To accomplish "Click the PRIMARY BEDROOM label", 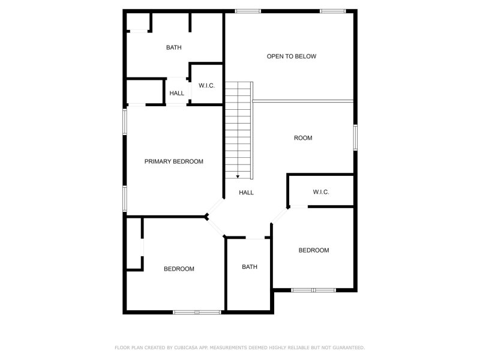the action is pos(173,161).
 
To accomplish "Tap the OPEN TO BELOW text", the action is pos(292,56).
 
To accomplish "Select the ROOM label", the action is pos(303,138).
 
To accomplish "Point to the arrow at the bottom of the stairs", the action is pos(238,176).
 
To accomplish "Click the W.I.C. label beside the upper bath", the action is pos(206,86).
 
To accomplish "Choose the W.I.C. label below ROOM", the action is pos(321,192).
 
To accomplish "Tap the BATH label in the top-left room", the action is pos(174,47).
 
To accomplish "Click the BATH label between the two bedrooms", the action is pos(250,267).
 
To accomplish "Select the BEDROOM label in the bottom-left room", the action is pos(179,269).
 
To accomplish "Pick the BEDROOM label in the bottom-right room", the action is pos(314,250).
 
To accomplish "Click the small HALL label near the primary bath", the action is pos(177,93).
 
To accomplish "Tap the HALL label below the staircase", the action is pos(247,193).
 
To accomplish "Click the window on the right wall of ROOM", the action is pos(355,137).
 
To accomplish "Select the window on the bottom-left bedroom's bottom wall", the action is pos(197,312).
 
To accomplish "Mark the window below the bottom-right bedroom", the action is pos(313,290).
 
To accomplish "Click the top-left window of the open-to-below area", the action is pos(248,11).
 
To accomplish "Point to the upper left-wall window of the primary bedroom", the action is pos(125,122).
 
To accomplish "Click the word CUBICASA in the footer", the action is pos(187,347).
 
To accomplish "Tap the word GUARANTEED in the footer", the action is pos(349,347).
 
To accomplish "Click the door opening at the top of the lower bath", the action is pos(255,238).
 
